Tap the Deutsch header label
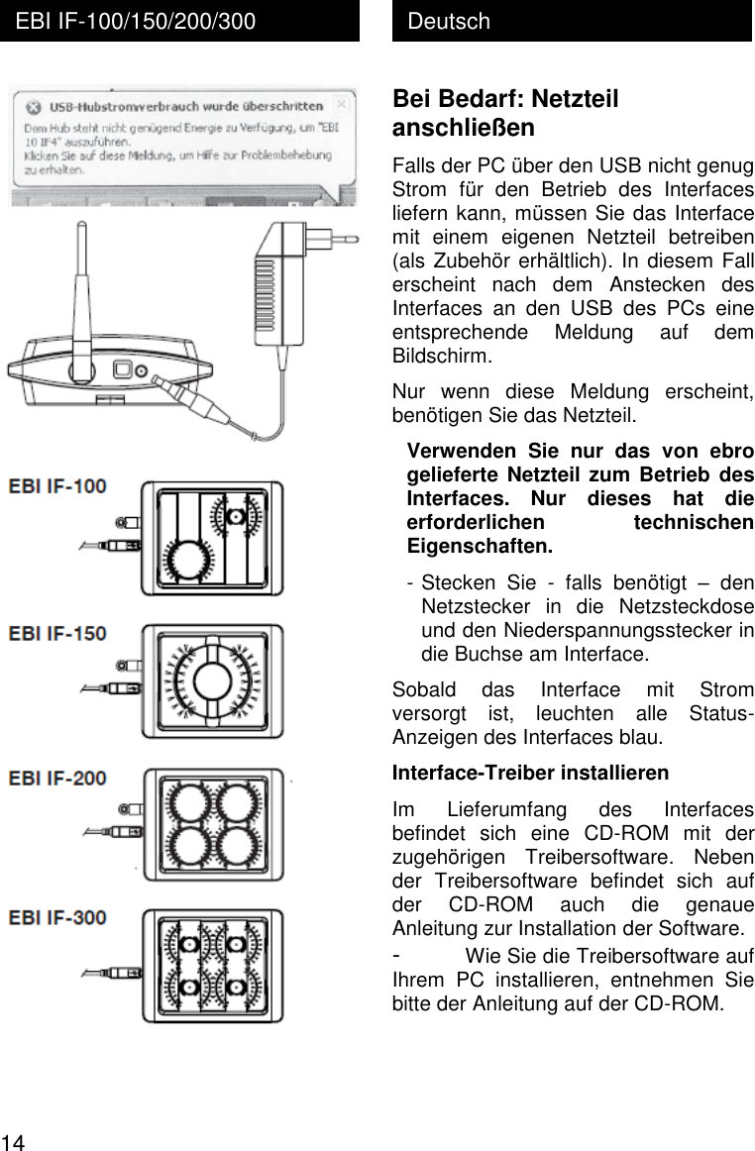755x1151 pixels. [449, 21]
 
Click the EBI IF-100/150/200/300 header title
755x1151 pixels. [135, 21]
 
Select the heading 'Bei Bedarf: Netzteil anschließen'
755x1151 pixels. [505, 113]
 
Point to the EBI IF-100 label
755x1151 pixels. [58, 486]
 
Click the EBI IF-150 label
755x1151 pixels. [58, 632]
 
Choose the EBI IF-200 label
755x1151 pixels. [58, 779]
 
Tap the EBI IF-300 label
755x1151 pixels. [58, 917]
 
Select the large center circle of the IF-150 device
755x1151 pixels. [212, 680]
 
